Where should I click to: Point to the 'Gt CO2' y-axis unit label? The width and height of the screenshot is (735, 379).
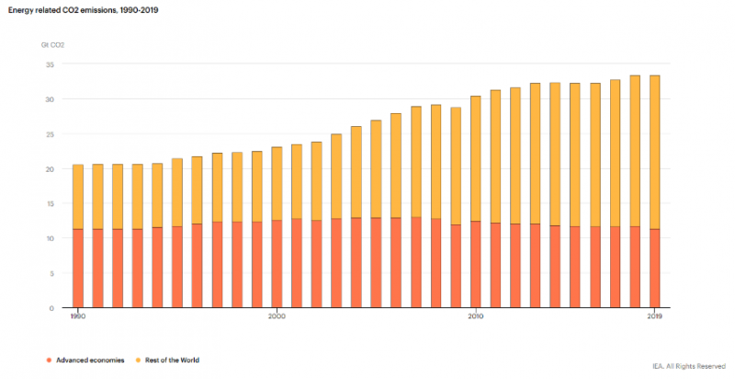click(52, 43)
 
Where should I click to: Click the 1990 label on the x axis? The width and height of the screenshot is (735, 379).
click(78, 316)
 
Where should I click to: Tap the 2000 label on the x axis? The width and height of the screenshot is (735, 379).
click(277, 316)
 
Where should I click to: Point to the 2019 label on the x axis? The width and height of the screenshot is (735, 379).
click(654, 316)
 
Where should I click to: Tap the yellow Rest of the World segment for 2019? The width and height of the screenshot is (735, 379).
click(654, 152)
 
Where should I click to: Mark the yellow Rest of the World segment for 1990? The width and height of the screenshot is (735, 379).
click(78, 197)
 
